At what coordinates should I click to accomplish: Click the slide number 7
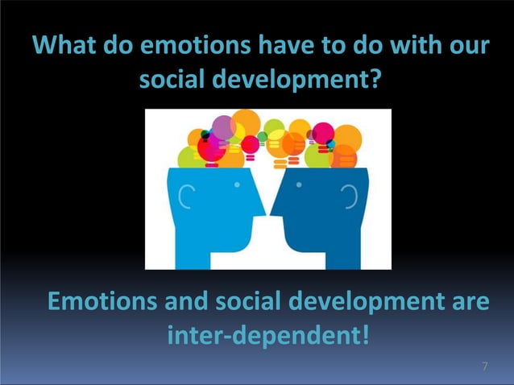pos(484,367)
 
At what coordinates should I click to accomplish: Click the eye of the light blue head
pos(238,184)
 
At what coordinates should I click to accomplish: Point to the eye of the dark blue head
pos(299,184)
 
